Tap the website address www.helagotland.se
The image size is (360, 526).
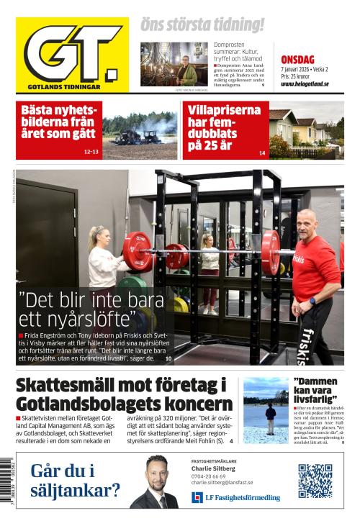[x=305, y=83]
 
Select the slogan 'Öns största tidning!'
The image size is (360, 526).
[x=202, y=25]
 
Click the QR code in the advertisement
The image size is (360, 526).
[x=315, y=480]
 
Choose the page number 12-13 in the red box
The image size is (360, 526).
[x=91, y=152]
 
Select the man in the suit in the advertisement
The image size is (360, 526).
[x=155, y=484]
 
